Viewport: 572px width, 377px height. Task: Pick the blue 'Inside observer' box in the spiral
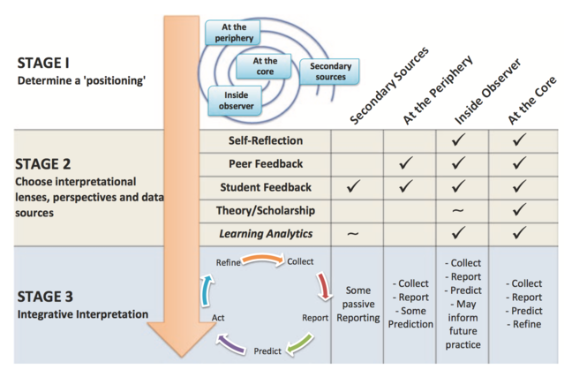[x=236, y=100]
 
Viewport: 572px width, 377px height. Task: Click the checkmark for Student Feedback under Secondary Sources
[x=353, y=186]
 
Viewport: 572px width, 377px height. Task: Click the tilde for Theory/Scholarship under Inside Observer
[x=457, y=210]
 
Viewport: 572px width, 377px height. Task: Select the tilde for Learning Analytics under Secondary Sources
[x=353, y=234]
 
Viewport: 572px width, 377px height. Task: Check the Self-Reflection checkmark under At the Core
[x=519, y=140]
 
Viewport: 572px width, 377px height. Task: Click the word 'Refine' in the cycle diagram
[x=228, y=262]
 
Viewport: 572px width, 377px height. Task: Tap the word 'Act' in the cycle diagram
[x=218, y=315]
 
